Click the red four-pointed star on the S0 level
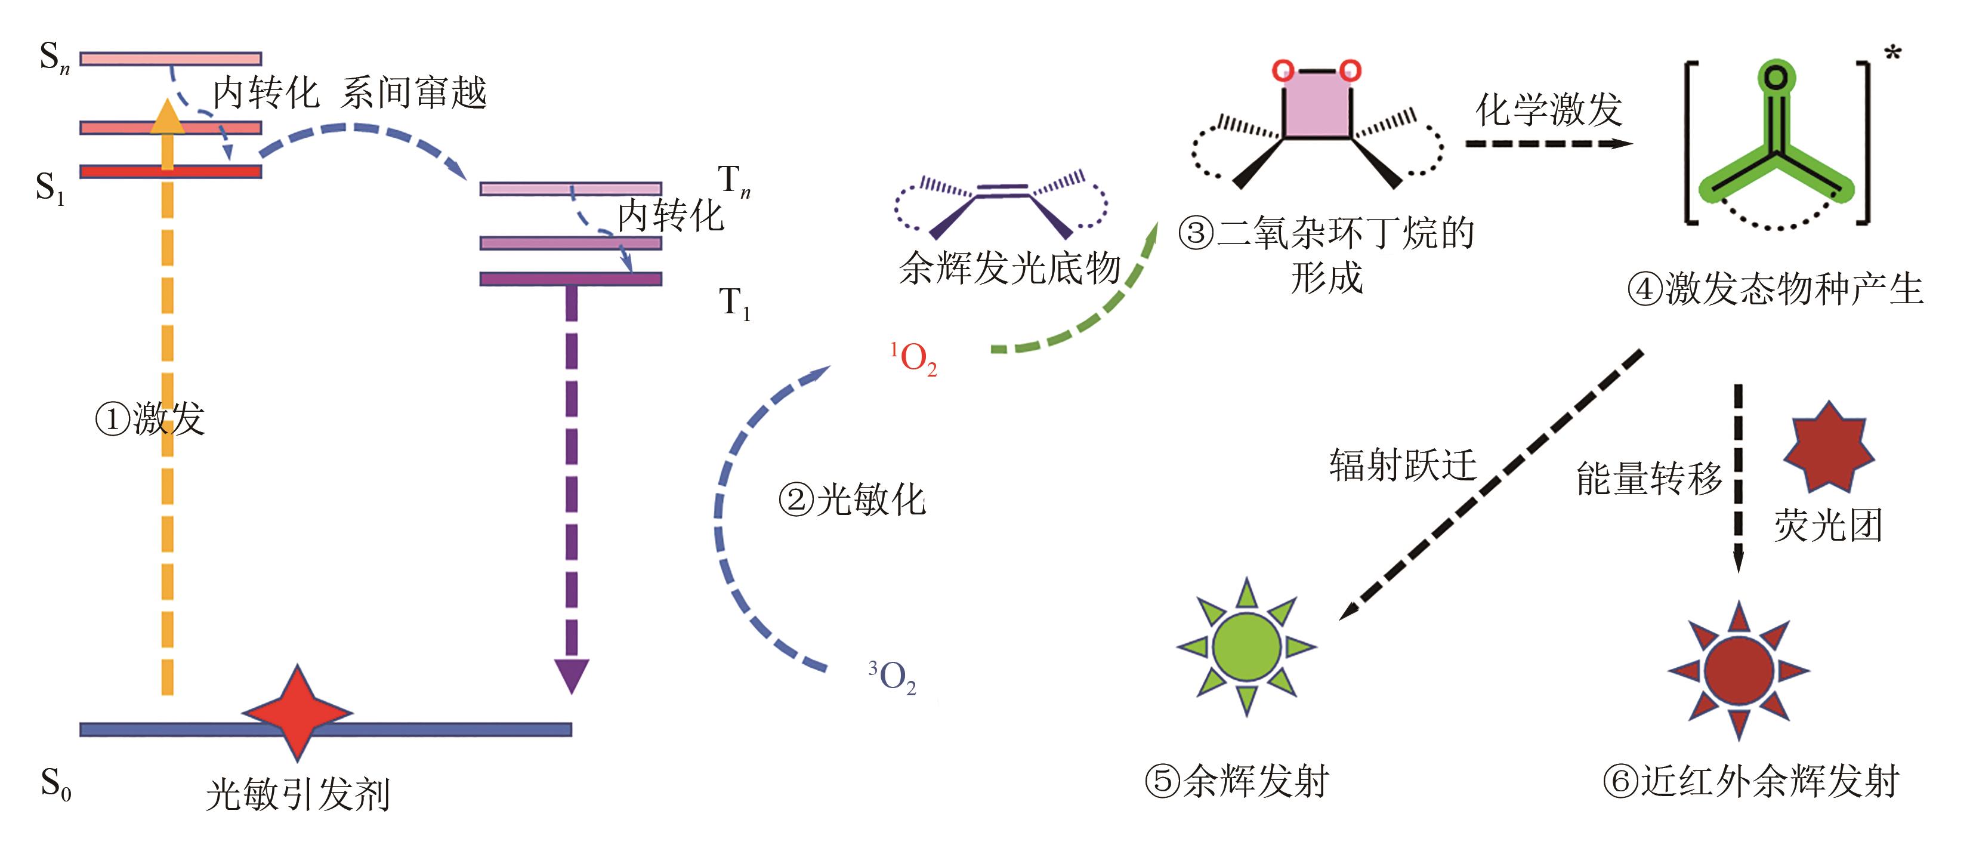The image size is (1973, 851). tap(297, 713)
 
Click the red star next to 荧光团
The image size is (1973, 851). tap(1829, 446)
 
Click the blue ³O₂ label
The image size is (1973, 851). tap(893, 677)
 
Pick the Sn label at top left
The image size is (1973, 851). tap(54, 57)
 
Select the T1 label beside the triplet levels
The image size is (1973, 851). tap(734, 303)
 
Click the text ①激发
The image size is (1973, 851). tap(150, 419)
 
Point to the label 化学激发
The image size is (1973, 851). tap(1548, 110)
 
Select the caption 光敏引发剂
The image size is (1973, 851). tap(298, 794)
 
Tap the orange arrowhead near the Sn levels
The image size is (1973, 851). tap(167, 116)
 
